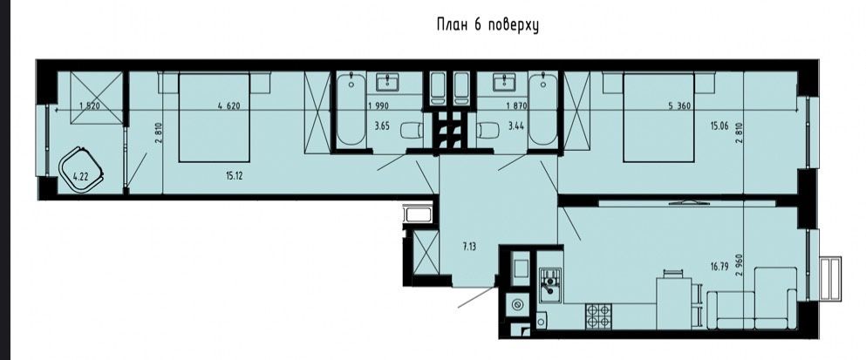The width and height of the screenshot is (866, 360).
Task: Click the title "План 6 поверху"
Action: coord(488,25)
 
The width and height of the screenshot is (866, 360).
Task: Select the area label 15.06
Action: coord(719,126)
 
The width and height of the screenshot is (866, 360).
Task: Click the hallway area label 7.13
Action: coord(469,247)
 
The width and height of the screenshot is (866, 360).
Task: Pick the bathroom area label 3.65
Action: coord(381,126)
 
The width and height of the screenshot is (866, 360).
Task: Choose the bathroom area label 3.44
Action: coord(515,126)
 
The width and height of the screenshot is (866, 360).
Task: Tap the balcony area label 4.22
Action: coord(80,177)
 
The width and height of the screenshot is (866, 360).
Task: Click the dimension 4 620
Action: coord(228,106)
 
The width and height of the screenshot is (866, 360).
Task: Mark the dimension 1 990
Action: coord(378,106)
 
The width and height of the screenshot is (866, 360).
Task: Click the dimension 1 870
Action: coord(517,106)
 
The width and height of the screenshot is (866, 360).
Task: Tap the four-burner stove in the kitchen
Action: coord(599,316)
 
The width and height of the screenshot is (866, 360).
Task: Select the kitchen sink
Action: coord(550,284)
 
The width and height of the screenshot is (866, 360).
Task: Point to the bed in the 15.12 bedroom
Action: coord(215,118)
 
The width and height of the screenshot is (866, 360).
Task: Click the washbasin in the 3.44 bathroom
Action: coord(504,82)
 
